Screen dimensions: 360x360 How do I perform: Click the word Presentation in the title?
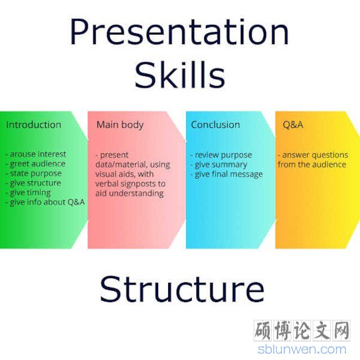pos(179,31)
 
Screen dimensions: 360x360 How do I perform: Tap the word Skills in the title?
pos(180,75)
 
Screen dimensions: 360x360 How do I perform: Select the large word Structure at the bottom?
pos(182,289)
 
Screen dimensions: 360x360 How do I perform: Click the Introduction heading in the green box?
pos(34,125)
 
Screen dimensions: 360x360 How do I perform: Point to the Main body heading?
pos(120,125)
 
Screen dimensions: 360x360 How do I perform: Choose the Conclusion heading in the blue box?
pos(215,125)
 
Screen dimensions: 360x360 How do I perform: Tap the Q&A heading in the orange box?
pos(293,125)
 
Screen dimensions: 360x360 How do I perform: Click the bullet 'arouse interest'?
pos(36,154)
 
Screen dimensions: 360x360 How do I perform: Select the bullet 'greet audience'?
pos(35,164)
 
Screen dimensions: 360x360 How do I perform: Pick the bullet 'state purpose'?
pos(34,174)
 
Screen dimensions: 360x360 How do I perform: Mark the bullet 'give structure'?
pos(33,183)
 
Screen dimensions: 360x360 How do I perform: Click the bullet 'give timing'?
pos(28,193)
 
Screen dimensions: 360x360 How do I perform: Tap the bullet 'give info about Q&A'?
pos(45,202)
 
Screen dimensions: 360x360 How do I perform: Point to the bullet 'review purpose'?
pos(221,155)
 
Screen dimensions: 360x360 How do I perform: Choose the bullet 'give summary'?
pos(218,165)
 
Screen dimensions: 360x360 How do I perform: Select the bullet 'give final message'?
pos(226,174)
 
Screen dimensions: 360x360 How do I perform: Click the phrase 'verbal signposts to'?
pos(130,184)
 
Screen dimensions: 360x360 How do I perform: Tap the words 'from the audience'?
pos(312,164)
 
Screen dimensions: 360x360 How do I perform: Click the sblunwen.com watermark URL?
pos(302,349)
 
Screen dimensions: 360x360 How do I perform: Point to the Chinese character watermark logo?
pos(302,331)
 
